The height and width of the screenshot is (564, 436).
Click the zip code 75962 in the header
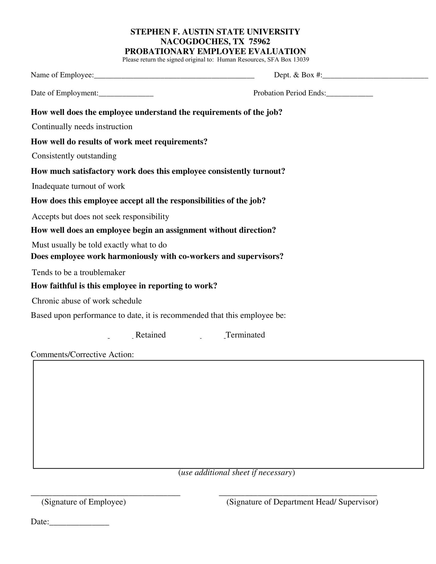point(259,42)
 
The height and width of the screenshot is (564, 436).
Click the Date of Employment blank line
point(126,95)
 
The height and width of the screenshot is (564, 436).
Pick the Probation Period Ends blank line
point(350,95)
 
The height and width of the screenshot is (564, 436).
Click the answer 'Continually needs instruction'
point(82,127)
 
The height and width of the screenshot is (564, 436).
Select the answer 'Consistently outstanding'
point(74,156)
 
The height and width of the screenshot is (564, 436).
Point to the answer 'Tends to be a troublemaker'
point(78,273)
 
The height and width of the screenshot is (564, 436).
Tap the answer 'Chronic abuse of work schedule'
point(87,301)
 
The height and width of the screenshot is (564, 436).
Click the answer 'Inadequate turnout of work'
point(78,186)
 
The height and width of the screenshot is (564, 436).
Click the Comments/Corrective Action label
point(82,355)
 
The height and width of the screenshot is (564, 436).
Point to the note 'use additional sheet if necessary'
point(237,472)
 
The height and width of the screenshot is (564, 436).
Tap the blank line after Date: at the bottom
point(79,523)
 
